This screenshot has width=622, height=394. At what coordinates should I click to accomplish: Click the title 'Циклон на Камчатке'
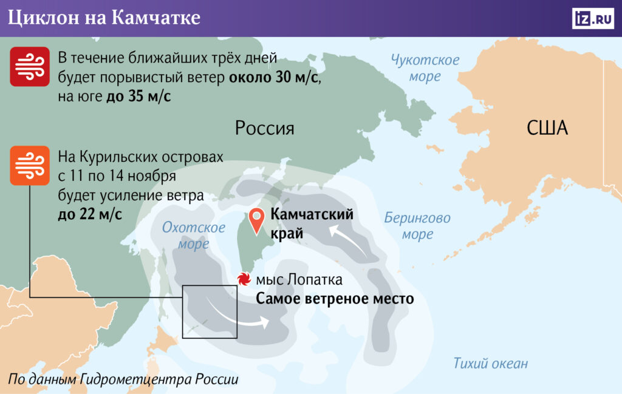tap(104, 18)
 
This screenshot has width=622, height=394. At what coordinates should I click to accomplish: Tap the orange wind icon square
tap(30, 165)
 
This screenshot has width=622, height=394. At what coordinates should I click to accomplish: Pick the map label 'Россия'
tap(264, 128)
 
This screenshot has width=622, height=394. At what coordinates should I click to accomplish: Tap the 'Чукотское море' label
tap(425, 68)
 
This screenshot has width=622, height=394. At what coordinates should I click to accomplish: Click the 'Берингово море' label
tap(417, 226)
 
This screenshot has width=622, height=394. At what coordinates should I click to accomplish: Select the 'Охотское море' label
tap(193, 236)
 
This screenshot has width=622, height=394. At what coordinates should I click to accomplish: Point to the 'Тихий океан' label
tap(490, 364)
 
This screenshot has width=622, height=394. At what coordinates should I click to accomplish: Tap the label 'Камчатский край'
tap(312, 224)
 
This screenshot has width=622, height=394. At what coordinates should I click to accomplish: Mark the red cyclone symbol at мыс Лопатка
tap(244, 280)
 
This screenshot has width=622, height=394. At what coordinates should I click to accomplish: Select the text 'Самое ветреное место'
tap(334, 299)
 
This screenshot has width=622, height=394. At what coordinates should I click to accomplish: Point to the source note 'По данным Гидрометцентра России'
tap(124, 379)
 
